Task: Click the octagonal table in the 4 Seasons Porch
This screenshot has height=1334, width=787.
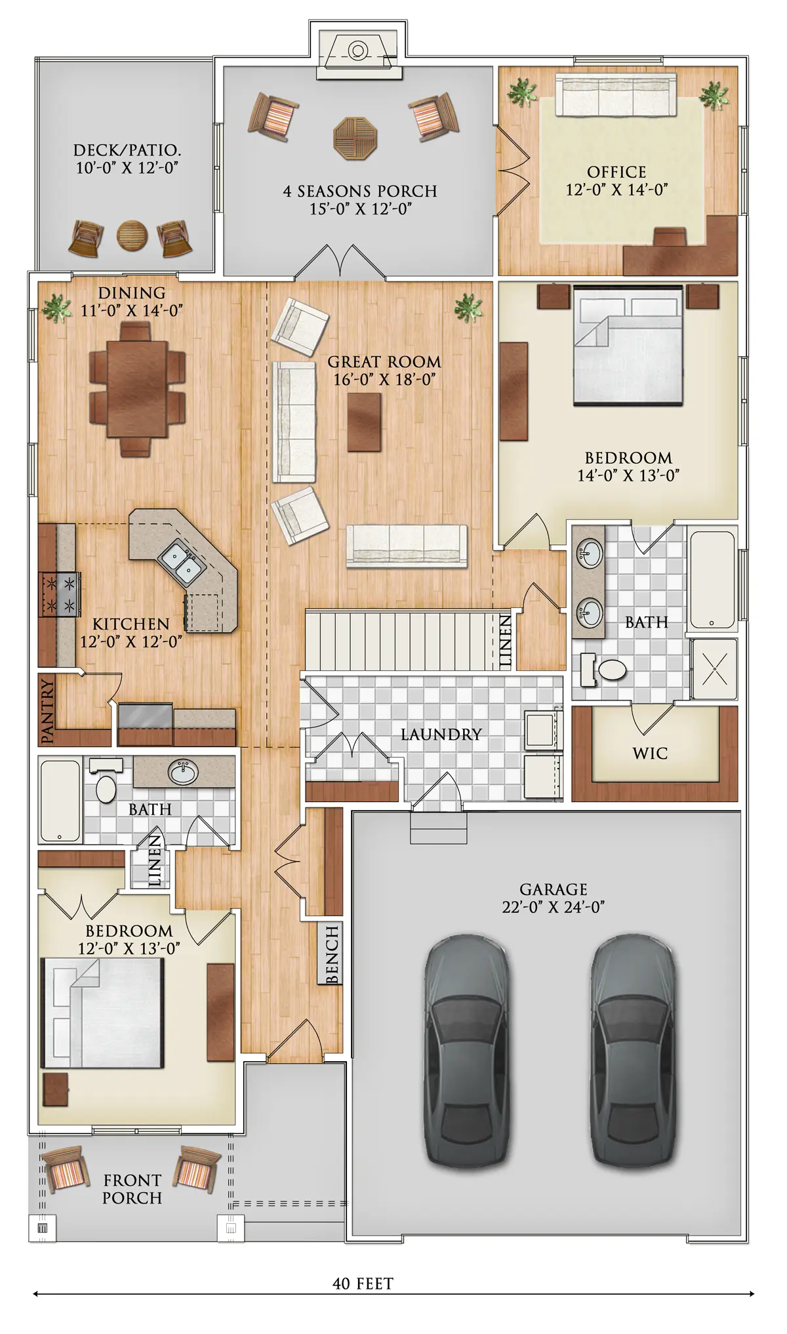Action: [x=355, y=138]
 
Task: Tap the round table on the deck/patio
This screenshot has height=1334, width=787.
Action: [x=132, y=235]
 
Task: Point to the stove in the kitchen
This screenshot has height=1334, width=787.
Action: [x=60, y=594]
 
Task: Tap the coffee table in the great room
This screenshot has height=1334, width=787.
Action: [x=364, y=422]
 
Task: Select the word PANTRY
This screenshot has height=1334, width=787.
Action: [x=47, y=711]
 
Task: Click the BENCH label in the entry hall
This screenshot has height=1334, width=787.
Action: [x=332, y=955]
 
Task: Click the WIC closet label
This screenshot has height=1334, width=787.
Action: [x=650, y=754]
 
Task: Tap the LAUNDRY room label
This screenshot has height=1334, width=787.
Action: [x=441, y=735]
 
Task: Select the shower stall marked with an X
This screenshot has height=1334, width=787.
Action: [x=714, y=669]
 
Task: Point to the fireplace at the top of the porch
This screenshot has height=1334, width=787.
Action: [x=358, y=56]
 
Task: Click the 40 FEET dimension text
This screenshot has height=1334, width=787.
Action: [x=363, y=1283]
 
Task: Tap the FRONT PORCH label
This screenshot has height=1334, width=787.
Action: [x=132, y=1189]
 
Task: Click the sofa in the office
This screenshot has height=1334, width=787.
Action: [x=616, y=96]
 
